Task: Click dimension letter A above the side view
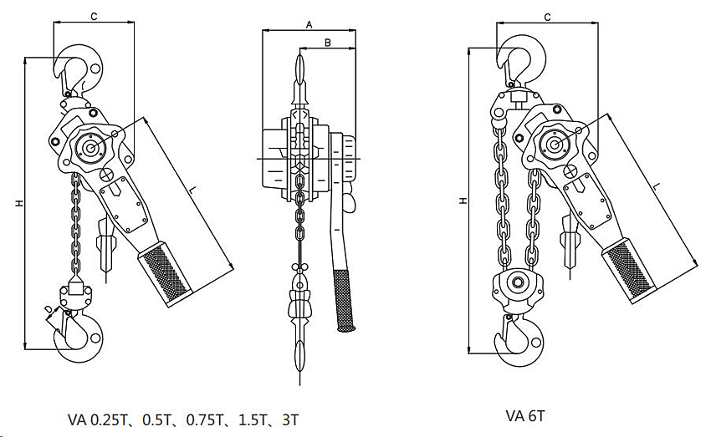pos(308,25)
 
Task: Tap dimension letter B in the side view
pos(328,41)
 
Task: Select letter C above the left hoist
pos(94,16)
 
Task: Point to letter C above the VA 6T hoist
pos(547,16)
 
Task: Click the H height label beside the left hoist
pos(17,203)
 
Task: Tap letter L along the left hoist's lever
pos(193,193)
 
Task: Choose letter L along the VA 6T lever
pos(657,185)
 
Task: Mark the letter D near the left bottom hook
pos(48,310)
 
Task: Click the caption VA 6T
pos(524,414)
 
